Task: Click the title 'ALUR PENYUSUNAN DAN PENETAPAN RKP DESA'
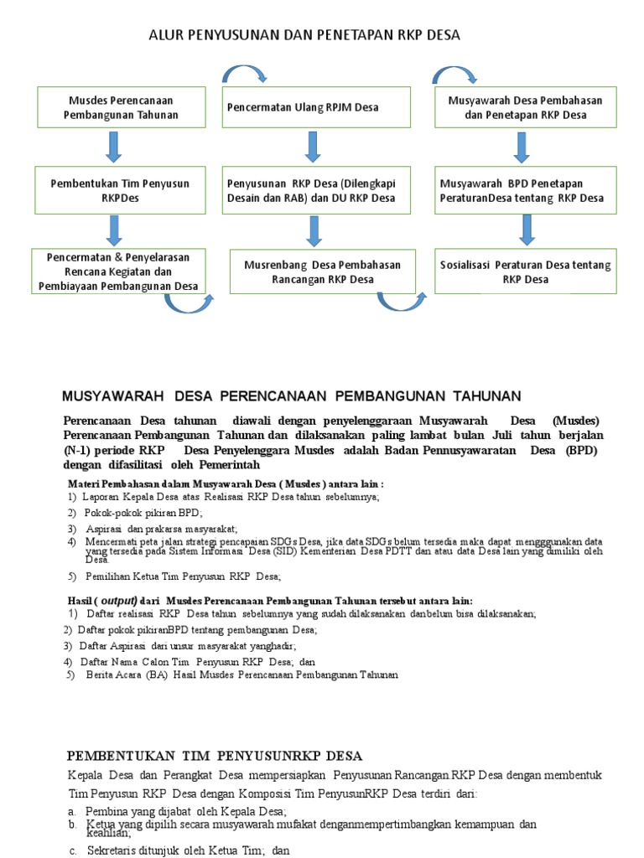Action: coord(304,34)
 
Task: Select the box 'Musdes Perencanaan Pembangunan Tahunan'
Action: coord(122,107)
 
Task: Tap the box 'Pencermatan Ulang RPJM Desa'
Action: coord(316,108)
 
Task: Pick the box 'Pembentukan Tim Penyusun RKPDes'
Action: coord(120,189)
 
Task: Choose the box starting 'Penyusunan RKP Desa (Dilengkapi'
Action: coord(316,190)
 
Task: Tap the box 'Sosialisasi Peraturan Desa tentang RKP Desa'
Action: coord(525,271)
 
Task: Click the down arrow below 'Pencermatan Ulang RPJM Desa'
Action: coord(313,146)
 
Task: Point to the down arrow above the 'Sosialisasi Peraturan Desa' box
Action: coord(527,228)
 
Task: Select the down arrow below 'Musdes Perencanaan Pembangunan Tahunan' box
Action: coord(114,146)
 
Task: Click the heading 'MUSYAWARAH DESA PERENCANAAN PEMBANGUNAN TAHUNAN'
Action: coord(292,395)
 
